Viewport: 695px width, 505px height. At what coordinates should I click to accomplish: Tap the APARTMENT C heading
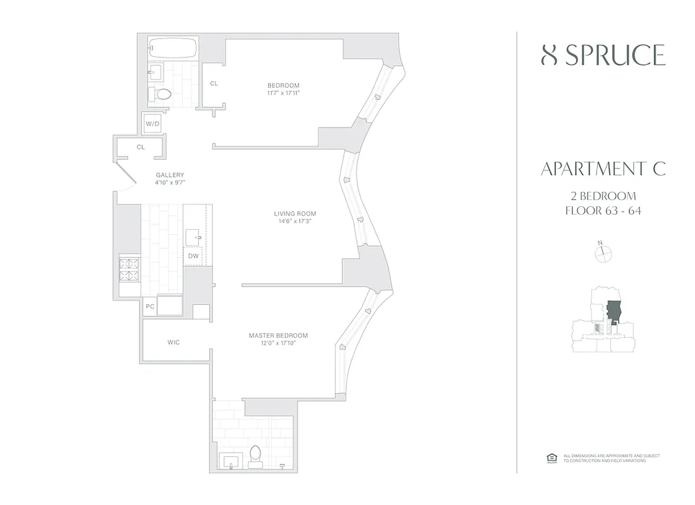pyautogui.click(x=603, y=169)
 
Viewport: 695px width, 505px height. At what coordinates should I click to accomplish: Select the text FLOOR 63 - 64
pyautogui.click(x=603, y=211)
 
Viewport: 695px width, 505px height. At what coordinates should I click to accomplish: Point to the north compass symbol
pyautogui.click(x=604, y=252)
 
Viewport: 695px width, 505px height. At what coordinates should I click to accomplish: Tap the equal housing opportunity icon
pyautogui.click(x=550, y=458)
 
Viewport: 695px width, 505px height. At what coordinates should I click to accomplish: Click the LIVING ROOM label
pyautogui.click(x=291, y=213)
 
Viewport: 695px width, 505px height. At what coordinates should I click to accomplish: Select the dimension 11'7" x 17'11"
pyautogui.click(x=283, y=93)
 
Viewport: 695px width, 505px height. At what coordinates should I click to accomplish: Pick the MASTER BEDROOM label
pyautogui.click(x=278, y=335)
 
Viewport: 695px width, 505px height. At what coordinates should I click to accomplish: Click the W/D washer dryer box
pyautogui.click(x=152, y=124)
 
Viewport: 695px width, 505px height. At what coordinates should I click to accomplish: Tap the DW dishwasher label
pyautogui.click(x=193, y=256)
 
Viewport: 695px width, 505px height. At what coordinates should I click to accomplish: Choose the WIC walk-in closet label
pyautogui.click(x=174, y=342)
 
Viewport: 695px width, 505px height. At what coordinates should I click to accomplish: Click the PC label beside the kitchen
pyautogui.click(x=150, y=306)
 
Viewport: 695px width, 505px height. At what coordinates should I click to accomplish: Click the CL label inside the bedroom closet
pyautogui.click(x=214, y=83)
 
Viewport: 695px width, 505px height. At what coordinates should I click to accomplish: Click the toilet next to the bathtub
pyautogui.click(x=162, y=95)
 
